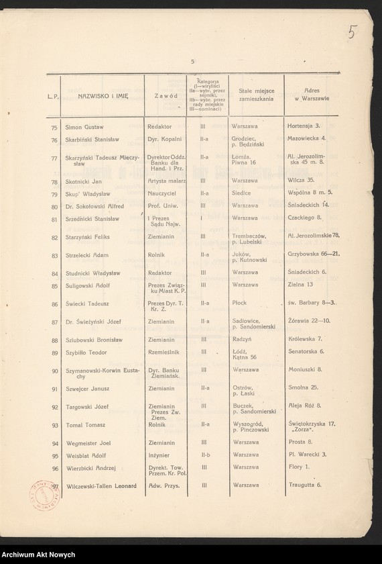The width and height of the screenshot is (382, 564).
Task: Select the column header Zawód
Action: tap(165, 97)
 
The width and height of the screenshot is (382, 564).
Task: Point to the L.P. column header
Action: tap(54, 97)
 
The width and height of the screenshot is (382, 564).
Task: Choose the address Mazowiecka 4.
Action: tap(306, 138)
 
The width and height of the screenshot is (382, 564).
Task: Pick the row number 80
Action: tap(54, 206)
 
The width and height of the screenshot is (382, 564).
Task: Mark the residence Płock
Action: tap(239, 303)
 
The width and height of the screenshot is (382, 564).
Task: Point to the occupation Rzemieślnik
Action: tap(164, 351)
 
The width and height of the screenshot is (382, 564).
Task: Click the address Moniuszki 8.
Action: tap(305, 369)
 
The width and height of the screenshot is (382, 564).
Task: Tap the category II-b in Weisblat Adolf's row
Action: tap(203, 455)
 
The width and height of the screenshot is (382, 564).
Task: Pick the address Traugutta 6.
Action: tap(305, 485)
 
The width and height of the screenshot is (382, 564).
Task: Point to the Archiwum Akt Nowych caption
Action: tap(38, 555)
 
